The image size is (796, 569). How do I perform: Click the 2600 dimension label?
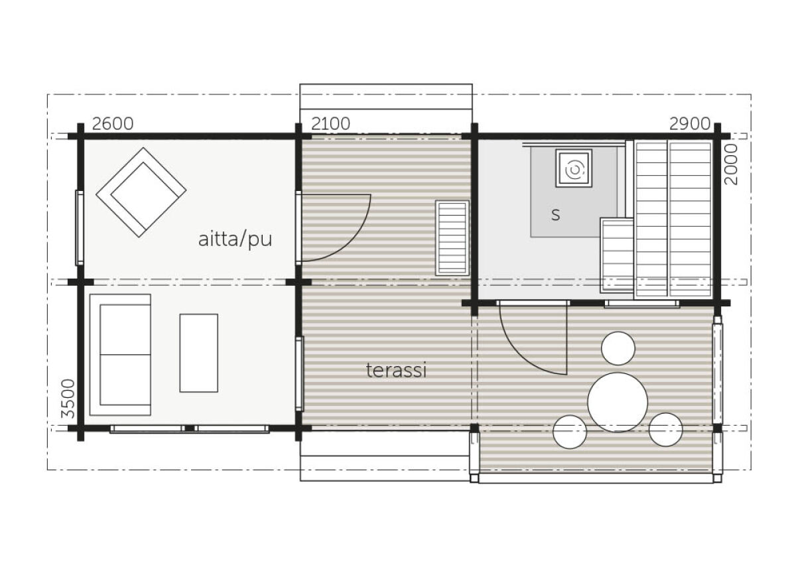click(x=112, y=124)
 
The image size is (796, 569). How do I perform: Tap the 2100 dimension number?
click(x=330, y=124)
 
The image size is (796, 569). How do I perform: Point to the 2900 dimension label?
click(x=689, y=124)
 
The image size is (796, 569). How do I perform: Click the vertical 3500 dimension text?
click(x=67, y=398)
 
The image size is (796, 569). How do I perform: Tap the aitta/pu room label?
click(x=235, y=239)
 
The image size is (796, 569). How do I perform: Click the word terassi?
click(x=396, y=371)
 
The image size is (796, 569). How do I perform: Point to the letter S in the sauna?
click(x=555, y=215)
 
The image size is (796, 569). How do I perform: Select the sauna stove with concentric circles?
click(x=573, y=168)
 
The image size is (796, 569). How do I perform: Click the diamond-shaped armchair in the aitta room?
click(x=141, y=192)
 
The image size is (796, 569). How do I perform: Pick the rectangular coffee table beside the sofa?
click(x=198, y=353)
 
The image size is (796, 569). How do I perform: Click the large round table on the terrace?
click(x=618, y=403)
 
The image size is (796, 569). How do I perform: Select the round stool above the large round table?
click(x=618, y=348)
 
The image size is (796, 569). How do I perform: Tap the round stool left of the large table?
click(x=570, y=432)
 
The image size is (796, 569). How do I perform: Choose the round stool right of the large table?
click(x=665, y=430)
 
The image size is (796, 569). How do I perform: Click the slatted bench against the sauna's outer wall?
click(x=452, y=237)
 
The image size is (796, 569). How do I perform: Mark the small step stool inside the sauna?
click(x=617, y=255)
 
